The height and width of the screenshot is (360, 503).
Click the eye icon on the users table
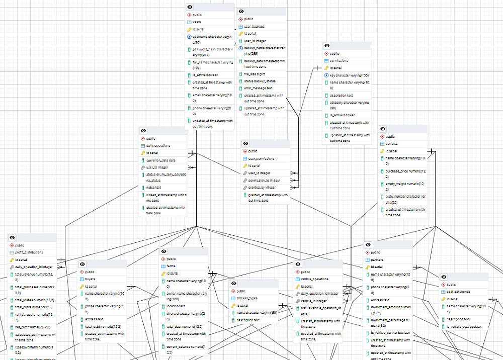tap(190, 7)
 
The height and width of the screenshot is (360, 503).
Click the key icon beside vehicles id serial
tap(382, 151)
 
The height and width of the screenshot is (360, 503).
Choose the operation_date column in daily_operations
tap(160, 160)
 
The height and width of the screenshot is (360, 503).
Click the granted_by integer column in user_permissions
tap(262, 187)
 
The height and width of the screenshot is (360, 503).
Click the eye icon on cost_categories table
tap(443, 277)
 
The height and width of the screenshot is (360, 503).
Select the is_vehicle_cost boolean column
tap(464, 326)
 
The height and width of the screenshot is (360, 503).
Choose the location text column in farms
tap(176, 306)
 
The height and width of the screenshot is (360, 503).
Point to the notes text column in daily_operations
tap(154, 187)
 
